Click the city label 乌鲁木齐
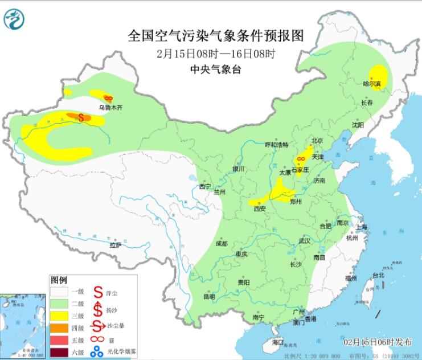pos(110,107)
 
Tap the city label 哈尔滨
pos(371,84)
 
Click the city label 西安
pos(259,208)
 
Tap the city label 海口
pos(277,342)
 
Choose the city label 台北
pos(378,275)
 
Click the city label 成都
pos(222,244)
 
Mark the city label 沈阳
pos(357,124)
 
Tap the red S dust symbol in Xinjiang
pos(81,117)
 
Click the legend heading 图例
pos(59,281)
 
